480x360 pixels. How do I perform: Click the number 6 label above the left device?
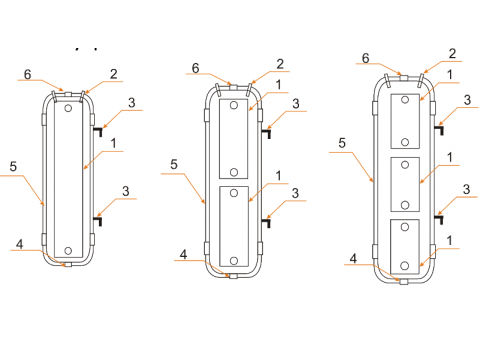tap(28, 74)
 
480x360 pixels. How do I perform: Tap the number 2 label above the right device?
tap(452, 54)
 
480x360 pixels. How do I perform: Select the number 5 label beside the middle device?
tap(174, 164)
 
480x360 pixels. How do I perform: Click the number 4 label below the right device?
tap(353, 258)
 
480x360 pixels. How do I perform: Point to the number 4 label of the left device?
tap(20, 244)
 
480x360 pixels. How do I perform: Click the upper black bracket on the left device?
tap(98, 131)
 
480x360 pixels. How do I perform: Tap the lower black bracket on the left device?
tap(98, 221)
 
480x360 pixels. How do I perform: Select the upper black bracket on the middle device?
tap(266, 133)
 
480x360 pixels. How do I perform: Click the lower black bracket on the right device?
tap(439, 220)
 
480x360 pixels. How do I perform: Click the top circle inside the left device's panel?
tap(68, 108)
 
